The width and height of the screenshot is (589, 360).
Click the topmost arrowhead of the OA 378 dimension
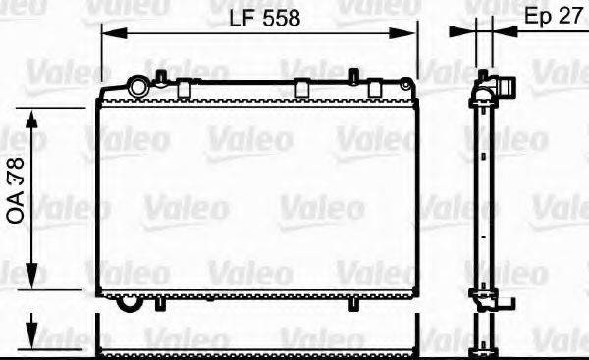(x=32, y=118)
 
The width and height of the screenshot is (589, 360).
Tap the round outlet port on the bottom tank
(x=129, y=301)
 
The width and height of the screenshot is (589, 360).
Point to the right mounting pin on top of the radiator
(x=351, y=76)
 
